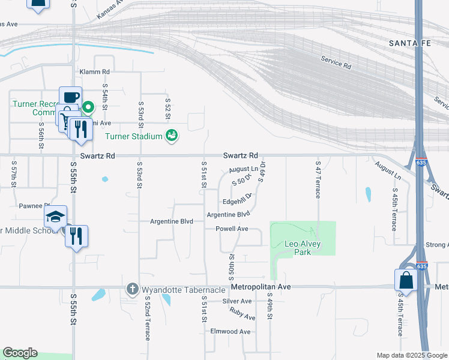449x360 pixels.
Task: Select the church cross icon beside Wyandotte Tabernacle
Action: click(x=133, y=290)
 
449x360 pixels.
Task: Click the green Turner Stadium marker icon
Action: click(x=172, y=136)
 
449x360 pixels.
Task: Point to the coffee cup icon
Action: click(x=70, y=97)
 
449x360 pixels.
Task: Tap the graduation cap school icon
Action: click(x=55, y=217)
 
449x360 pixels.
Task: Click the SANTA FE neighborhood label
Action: click(x=411, y=43)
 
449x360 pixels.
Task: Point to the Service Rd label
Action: click(x=336, y=62)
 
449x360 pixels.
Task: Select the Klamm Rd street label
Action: click(x=95, y=71)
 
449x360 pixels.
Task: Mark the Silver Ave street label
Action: click(x=237, y=301)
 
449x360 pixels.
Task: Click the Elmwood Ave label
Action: click(x=230, y=331)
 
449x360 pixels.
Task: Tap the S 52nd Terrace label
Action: click(x=146, y=318)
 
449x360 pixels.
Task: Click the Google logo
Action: click(x=20, y=353)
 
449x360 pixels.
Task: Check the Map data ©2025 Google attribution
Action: click(x=411, y=355)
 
